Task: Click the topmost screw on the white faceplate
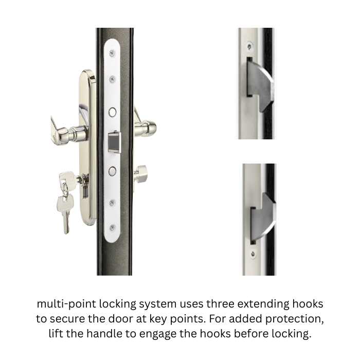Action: pos(112,53)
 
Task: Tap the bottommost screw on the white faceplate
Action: pos(112,226)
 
